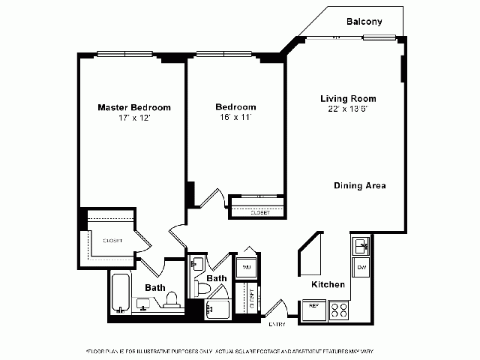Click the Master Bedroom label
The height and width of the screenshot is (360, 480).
pyautogui.click(x=134, y=107)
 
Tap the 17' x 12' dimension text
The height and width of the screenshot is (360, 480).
pyautogui.click(x=134, y=118)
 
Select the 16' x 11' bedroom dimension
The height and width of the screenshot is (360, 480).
pyautogui.click(x=235, y=118)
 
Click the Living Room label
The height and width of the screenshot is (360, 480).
pyautogui.click(x=348, y=98)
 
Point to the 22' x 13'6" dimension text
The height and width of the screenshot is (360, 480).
pyautogui.click(x=348, y=109)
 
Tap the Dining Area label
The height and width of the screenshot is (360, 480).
pyautogui.click(x=360, y=185)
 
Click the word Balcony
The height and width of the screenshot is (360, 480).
pyautogui.click(x=364, y=22)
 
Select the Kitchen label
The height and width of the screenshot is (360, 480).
pyautogui.click(x=328, y=284)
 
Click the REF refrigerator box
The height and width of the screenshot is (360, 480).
pyautogui.click(x=312, y=306)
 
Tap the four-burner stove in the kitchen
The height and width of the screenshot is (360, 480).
pyautogui.click(x=338, y=309)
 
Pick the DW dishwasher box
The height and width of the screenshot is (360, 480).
pyautogui.click(x=361, y=267)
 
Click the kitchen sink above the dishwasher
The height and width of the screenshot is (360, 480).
pyautogui.click(x=361, y=245)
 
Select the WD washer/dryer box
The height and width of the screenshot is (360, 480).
pyautogui.click(x=245, y=266)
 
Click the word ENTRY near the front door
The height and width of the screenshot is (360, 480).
pyautogui.click(x=277, y=324)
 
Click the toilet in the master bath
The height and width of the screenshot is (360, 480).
pyautogui.click(x=171, y=301)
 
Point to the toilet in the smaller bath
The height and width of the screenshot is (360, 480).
pyautogui.click(x=202, y=289)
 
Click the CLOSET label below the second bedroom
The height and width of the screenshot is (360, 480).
pyautogui.click(x=260, y=212)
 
